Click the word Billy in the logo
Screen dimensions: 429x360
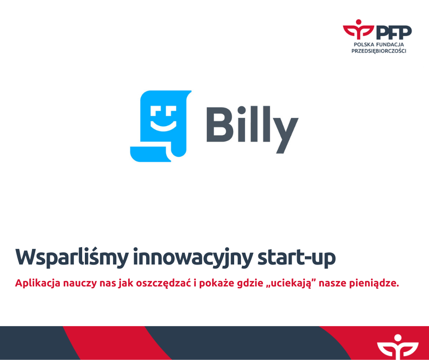252,129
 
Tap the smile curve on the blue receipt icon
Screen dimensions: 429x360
163,127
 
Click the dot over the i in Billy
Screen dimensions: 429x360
241,110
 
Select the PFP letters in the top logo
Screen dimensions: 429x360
394,32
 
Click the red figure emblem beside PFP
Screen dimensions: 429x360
358,29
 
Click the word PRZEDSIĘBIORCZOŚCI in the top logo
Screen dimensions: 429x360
379,51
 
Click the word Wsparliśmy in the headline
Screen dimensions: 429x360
72,258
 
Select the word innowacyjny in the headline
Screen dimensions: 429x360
193,258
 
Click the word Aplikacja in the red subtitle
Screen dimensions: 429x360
37,283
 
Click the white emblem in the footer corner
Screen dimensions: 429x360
398,347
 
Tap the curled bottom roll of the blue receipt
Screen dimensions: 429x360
151,154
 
